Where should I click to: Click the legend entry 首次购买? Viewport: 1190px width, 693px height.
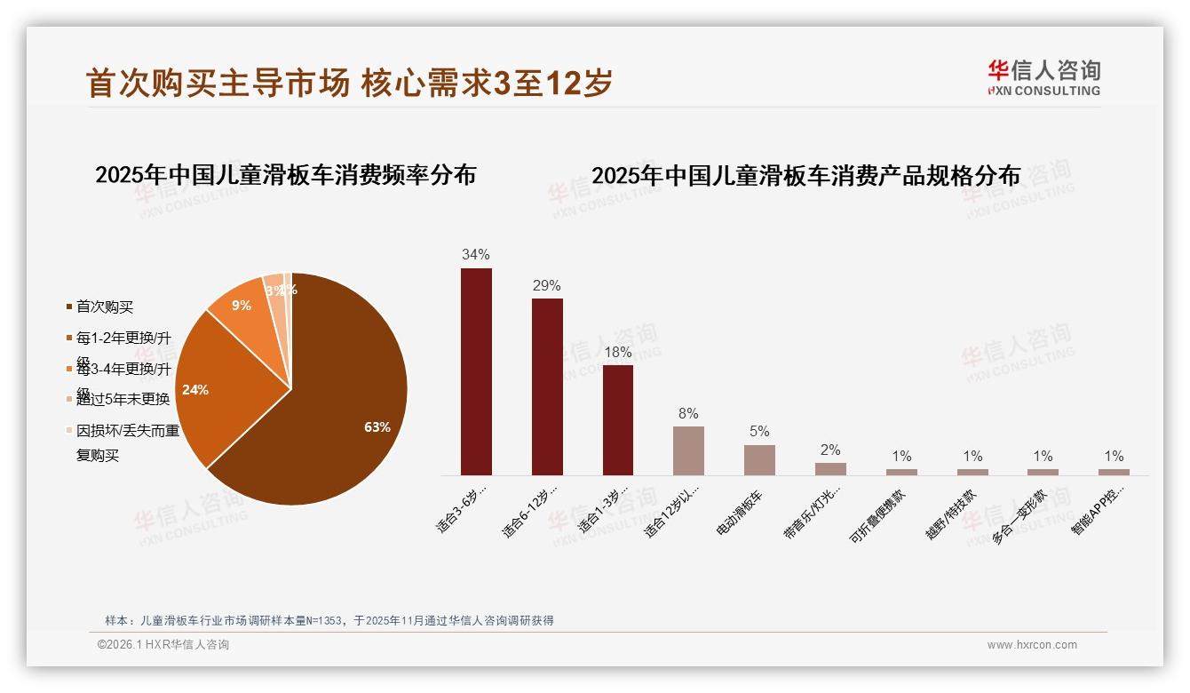coord(104,307)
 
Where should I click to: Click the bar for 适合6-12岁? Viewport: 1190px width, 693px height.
coord(547,386)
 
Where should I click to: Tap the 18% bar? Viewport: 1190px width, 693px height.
coord(618,419)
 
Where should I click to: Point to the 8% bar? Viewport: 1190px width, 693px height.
coord(688,450)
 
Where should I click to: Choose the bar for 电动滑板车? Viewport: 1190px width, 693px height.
coord(759,459)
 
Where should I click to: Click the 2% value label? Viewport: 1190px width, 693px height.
coord(830,450)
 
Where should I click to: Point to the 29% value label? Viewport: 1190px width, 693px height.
coord(547,286)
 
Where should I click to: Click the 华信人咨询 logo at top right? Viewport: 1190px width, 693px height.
coord(1043,78)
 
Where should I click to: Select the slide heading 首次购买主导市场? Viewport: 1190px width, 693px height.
coord(218,84)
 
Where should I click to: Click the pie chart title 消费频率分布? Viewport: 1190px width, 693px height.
coord(285,174)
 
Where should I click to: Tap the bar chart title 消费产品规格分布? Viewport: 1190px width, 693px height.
coord(805,175)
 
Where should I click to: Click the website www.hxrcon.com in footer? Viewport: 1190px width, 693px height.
coord(1032,645)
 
